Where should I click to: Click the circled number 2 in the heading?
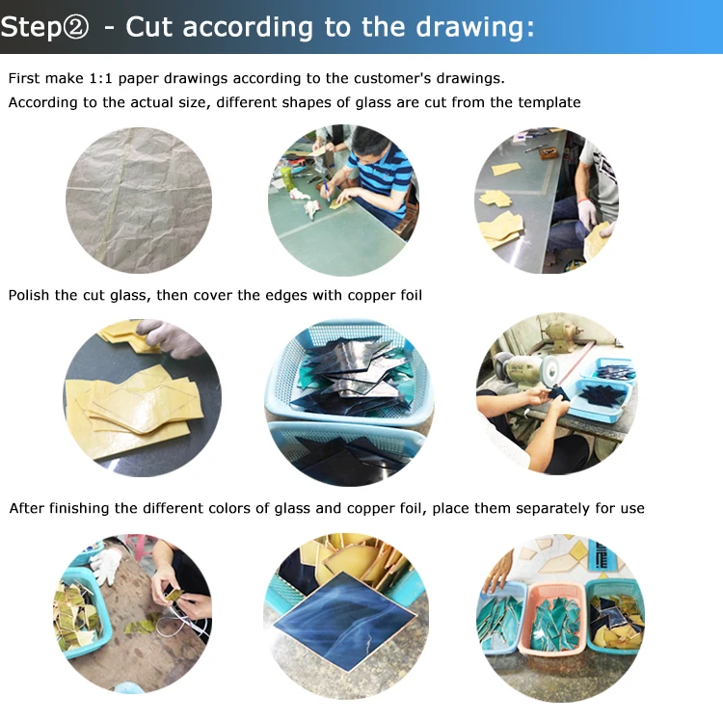[x=75, y=28]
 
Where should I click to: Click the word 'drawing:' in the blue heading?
[x=475, y=27]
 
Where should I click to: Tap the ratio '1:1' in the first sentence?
[x=100, y=78]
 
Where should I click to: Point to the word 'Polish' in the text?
[x=29, y=295]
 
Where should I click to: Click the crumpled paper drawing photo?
[x=139, y=201]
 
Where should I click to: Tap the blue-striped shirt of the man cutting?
[x=382, y=176]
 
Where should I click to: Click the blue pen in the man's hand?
[x=326, y=190]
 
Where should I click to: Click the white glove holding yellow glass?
[x=588, y=213]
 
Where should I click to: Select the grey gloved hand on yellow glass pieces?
[x=169, y=338]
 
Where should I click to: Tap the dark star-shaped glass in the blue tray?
[x=599, y=394]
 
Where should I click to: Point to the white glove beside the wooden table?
[x=106, y=565]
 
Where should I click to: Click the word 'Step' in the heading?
[x=31, y=28]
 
